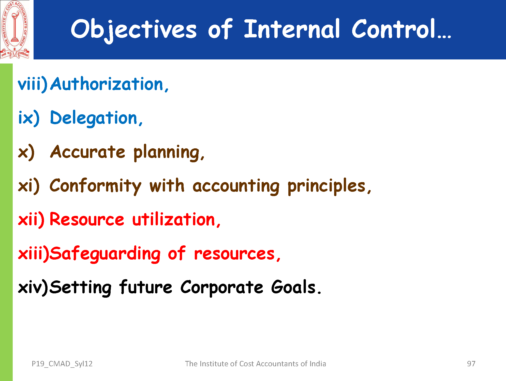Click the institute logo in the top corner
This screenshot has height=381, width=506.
point(15,29)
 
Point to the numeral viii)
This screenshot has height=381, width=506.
point(33,84)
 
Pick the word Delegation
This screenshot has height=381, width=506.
point(94,118)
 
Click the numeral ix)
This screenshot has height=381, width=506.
point(29,118)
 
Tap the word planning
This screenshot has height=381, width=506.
point(167,153)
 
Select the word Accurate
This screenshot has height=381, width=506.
point(88,152)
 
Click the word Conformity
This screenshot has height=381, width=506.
point(95,186)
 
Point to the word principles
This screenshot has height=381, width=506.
point(327,186)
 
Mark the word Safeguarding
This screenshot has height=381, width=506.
point(105,254)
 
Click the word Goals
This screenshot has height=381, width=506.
point(293,287)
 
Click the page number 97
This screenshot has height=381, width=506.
point(471,364)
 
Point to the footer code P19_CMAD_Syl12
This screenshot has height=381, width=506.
point(62,364)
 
